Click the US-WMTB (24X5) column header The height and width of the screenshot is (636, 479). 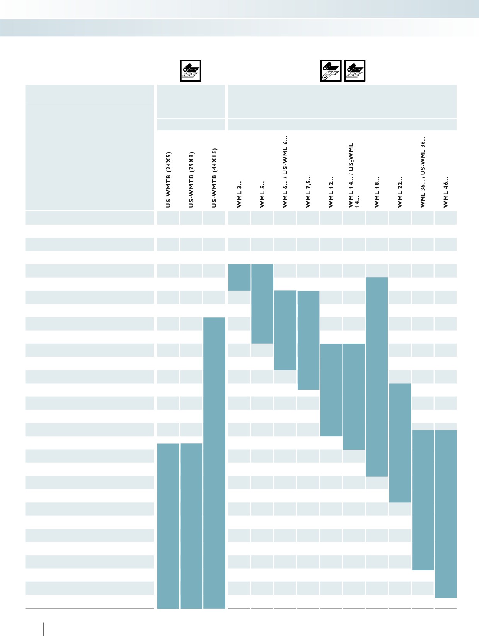168,180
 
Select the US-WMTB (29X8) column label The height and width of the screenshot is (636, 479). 191,180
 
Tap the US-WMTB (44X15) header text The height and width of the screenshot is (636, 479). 214,178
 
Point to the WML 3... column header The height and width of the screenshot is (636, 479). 239,194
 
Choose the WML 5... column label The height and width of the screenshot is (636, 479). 262,194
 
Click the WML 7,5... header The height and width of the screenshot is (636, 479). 308,191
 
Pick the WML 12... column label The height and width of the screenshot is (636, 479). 331,192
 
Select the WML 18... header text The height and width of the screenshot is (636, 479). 377,192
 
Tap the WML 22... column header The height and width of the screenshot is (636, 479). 400,192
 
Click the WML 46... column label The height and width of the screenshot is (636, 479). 446,192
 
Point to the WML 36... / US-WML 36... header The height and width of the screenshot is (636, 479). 423,172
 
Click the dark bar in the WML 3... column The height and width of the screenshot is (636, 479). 239,277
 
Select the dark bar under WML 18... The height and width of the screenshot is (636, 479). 377,377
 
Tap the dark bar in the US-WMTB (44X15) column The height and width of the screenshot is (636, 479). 214,463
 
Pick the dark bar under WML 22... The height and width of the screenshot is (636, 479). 400,443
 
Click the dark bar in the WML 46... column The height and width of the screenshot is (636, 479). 446,514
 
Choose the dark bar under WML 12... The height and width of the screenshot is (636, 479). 331,390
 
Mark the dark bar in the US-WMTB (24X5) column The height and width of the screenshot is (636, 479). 168,526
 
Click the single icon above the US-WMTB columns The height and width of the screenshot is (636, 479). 191,71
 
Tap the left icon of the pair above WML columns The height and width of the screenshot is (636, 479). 331,71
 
